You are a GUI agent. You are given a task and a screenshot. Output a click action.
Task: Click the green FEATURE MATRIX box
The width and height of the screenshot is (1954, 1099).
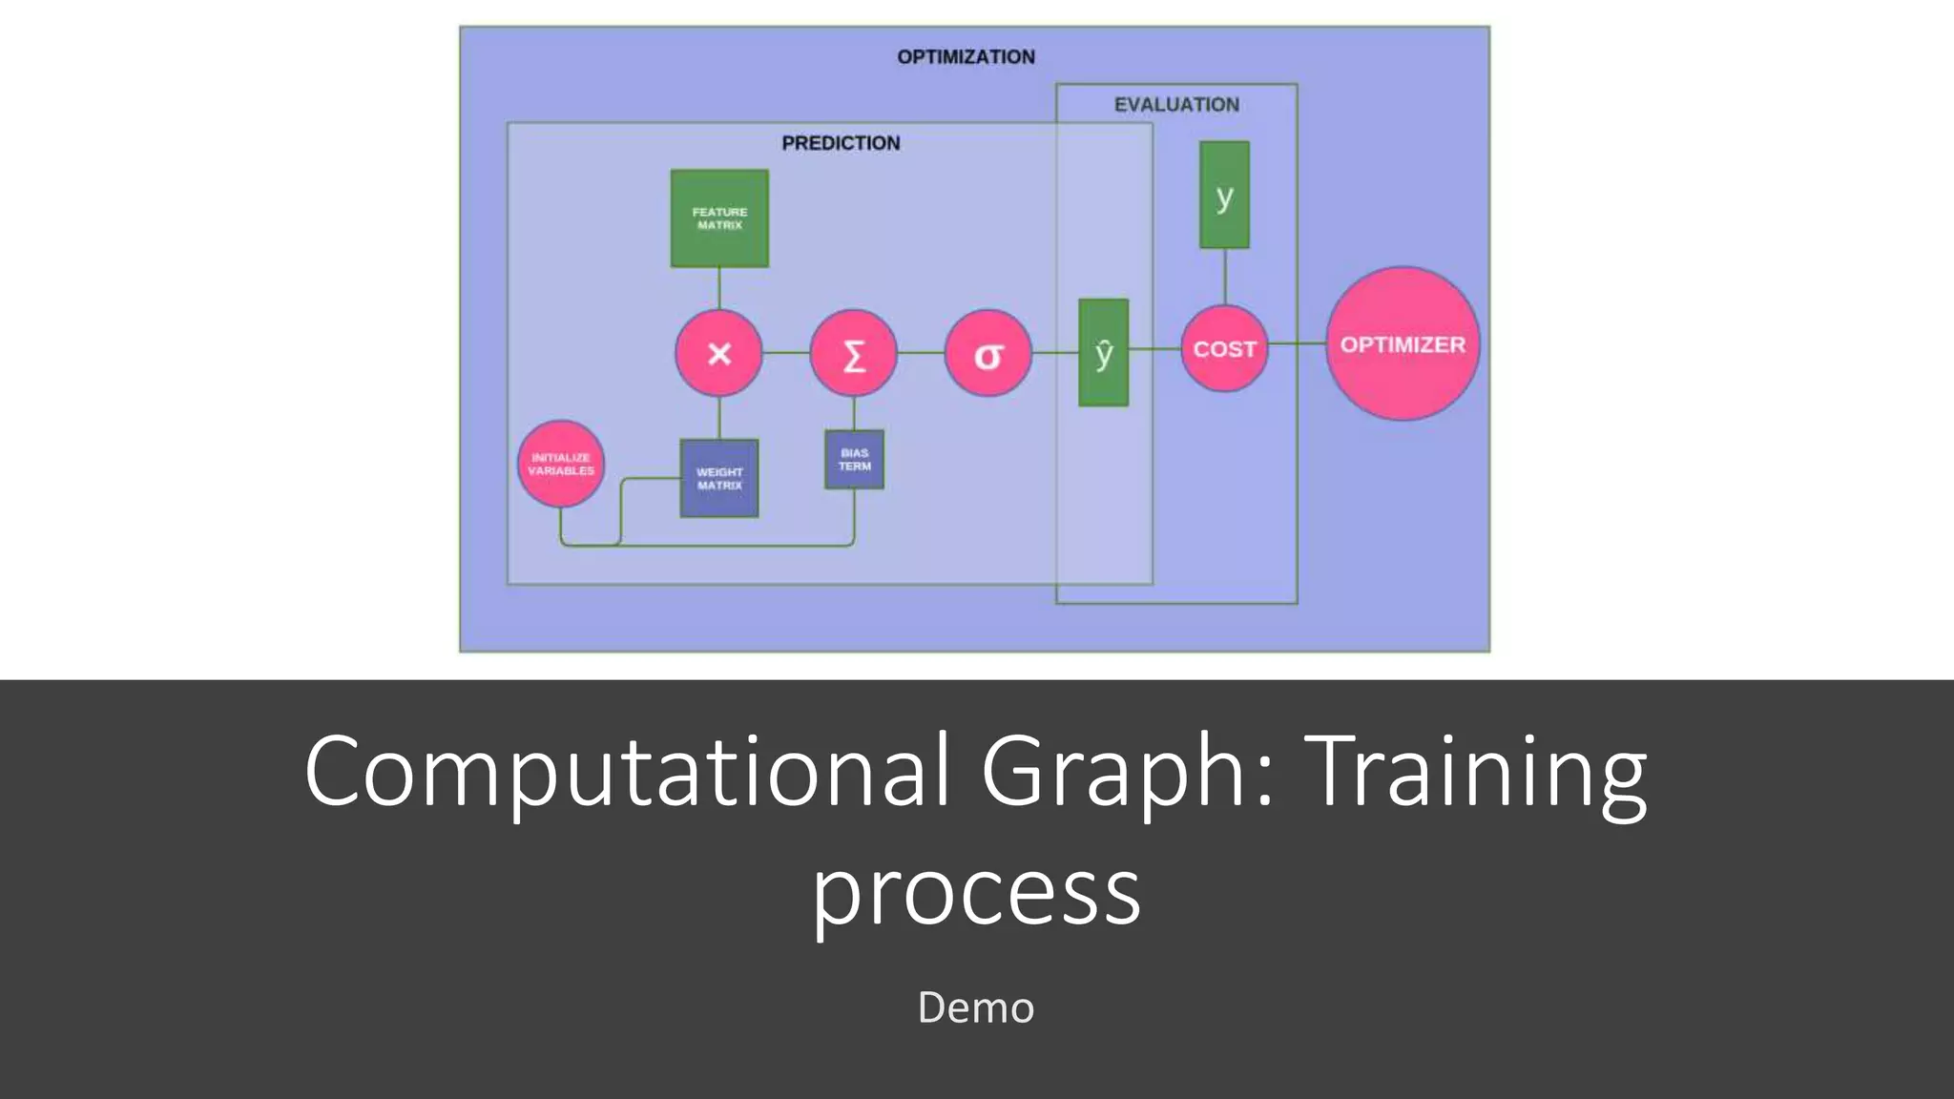(x=719, y=218)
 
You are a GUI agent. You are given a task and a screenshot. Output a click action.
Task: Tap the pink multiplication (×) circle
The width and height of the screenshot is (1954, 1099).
(x=719, y=353)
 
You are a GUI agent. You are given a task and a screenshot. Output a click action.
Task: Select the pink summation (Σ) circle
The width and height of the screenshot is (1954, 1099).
(x=854, y=354)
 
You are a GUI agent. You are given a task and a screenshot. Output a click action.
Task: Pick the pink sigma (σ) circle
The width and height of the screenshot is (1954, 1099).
(x=988, y=354)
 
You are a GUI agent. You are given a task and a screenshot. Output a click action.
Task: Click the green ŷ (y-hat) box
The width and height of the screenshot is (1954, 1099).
(x=1104, y=353)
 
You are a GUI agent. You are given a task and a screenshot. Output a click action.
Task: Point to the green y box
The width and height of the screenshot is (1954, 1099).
(x=1224, y=196)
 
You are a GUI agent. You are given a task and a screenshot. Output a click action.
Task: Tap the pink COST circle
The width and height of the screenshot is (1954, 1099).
(x=1224, y=349)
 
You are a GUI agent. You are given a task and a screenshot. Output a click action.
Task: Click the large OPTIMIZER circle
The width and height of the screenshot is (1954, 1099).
(x=1403, y=344)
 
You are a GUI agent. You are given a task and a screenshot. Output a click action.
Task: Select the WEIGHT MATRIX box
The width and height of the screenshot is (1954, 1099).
(x=719, y=478)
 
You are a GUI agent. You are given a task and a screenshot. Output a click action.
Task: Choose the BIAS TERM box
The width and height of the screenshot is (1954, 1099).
(x=854, y=460)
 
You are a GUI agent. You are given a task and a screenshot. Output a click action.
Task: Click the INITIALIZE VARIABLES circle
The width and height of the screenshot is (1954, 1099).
(x=561, y=464)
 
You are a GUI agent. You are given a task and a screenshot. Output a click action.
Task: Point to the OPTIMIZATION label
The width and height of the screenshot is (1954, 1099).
(x=966, y=57)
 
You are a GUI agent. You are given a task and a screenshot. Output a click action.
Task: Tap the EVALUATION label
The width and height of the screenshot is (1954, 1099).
(x=1176, y=105)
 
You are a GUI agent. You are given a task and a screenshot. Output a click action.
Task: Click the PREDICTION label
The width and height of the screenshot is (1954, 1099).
(x=841, y=143)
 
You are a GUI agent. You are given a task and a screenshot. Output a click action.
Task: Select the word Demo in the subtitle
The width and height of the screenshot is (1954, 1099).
(x=975, y=1007)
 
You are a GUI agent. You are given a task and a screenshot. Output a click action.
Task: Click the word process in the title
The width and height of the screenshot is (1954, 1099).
(x=976, y=892)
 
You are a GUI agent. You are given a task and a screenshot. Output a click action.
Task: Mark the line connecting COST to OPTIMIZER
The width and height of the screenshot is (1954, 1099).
(x=1298, y=343)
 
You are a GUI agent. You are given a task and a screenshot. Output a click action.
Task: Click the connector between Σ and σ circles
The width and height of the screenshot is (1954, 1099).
(x=921, y=353)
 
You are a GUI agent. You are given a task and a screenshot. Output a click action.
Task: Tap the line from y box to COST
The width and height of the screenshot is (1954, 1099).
(x=1225, y=277)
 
